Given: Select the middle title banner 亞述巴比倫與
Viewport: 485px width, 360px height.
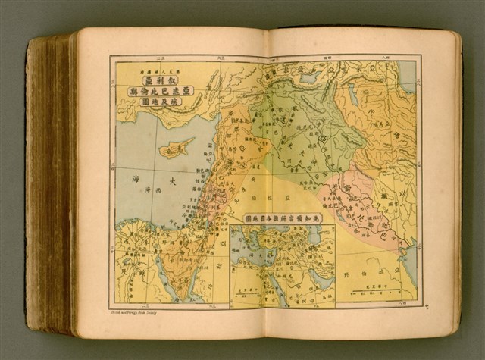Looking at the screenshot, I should coord(157,92).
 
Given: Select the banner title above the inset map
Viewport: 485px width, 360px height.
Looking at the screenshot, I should coord(282,218).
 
